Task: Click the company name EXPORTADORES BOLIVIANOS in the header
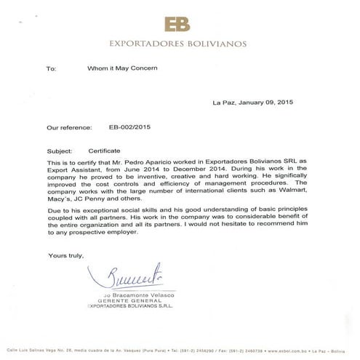178,43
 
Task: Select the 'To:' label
51,69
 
